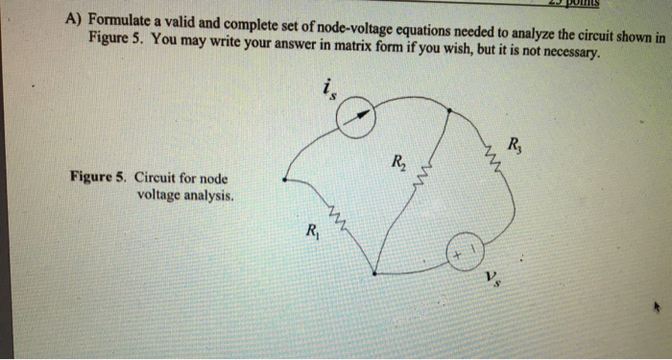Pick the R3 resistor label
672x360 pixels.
click(516, 147)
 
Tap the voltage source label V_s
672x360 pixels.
click(492, 279)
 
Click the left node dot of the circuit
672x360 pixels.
click(284, 178)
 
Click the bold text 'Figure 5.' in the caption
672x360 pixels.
click(99, 178)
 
